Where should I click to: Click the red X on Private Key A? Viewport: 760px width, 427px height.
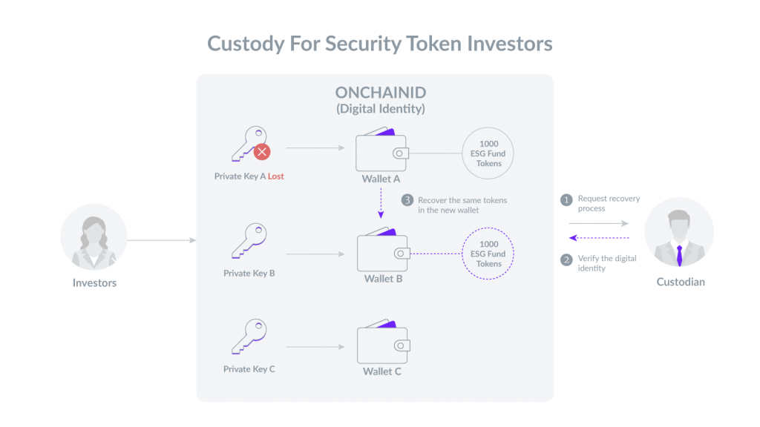tap(262, 152)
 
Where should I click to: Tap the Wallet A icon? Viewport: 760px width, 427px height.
tap(382, 150)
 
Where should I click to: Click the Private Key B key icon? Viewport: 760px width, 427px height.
tap(249, 241)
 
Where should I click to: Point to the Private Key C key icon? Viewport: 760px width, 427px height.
tap(249, 337)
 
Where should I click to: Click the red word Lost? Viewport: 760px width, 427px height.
tap(276, 176)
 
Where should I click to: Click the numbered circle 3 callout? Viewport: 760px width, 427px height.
tap(407, 200)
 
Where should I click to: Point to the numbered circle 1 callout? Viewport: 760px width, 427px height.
tap(566, 200)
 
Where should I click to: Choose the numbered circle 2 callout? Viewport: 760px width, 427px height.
tap(566, 260)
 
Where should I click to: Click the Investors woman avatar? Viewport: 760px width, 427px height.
tap(94, 236)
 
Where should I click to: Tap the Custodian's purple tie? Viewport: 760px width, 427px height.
tap(680, 255)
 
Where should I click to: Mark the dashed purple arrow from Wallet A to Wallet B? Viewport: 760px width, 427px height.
tap(381, 203)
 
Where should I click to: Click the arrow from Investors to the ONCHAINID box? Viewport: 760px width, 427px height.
tap(162, 240)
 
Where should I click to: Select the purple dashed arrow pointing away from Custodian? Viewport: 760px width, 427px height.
tap(599, 238)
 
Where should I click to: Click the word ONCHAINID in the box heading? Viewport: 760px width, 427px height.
tap(381, 93)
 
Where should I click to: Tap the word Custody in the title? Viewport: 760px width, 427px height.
tap(246, 44)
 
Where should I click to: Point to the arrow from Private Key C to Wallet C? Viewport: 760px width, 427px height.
tap(315, 347)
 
